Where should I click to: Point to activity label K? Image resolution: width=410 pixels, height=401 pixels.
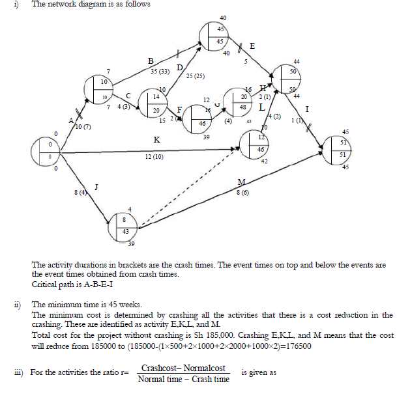click(156, 140)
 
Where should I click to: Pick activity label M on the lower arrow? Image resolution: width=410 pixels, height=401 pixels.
click(241, 182)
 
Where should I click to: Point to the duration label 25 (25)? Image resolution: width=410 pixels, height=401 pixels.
click(196, 77)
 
